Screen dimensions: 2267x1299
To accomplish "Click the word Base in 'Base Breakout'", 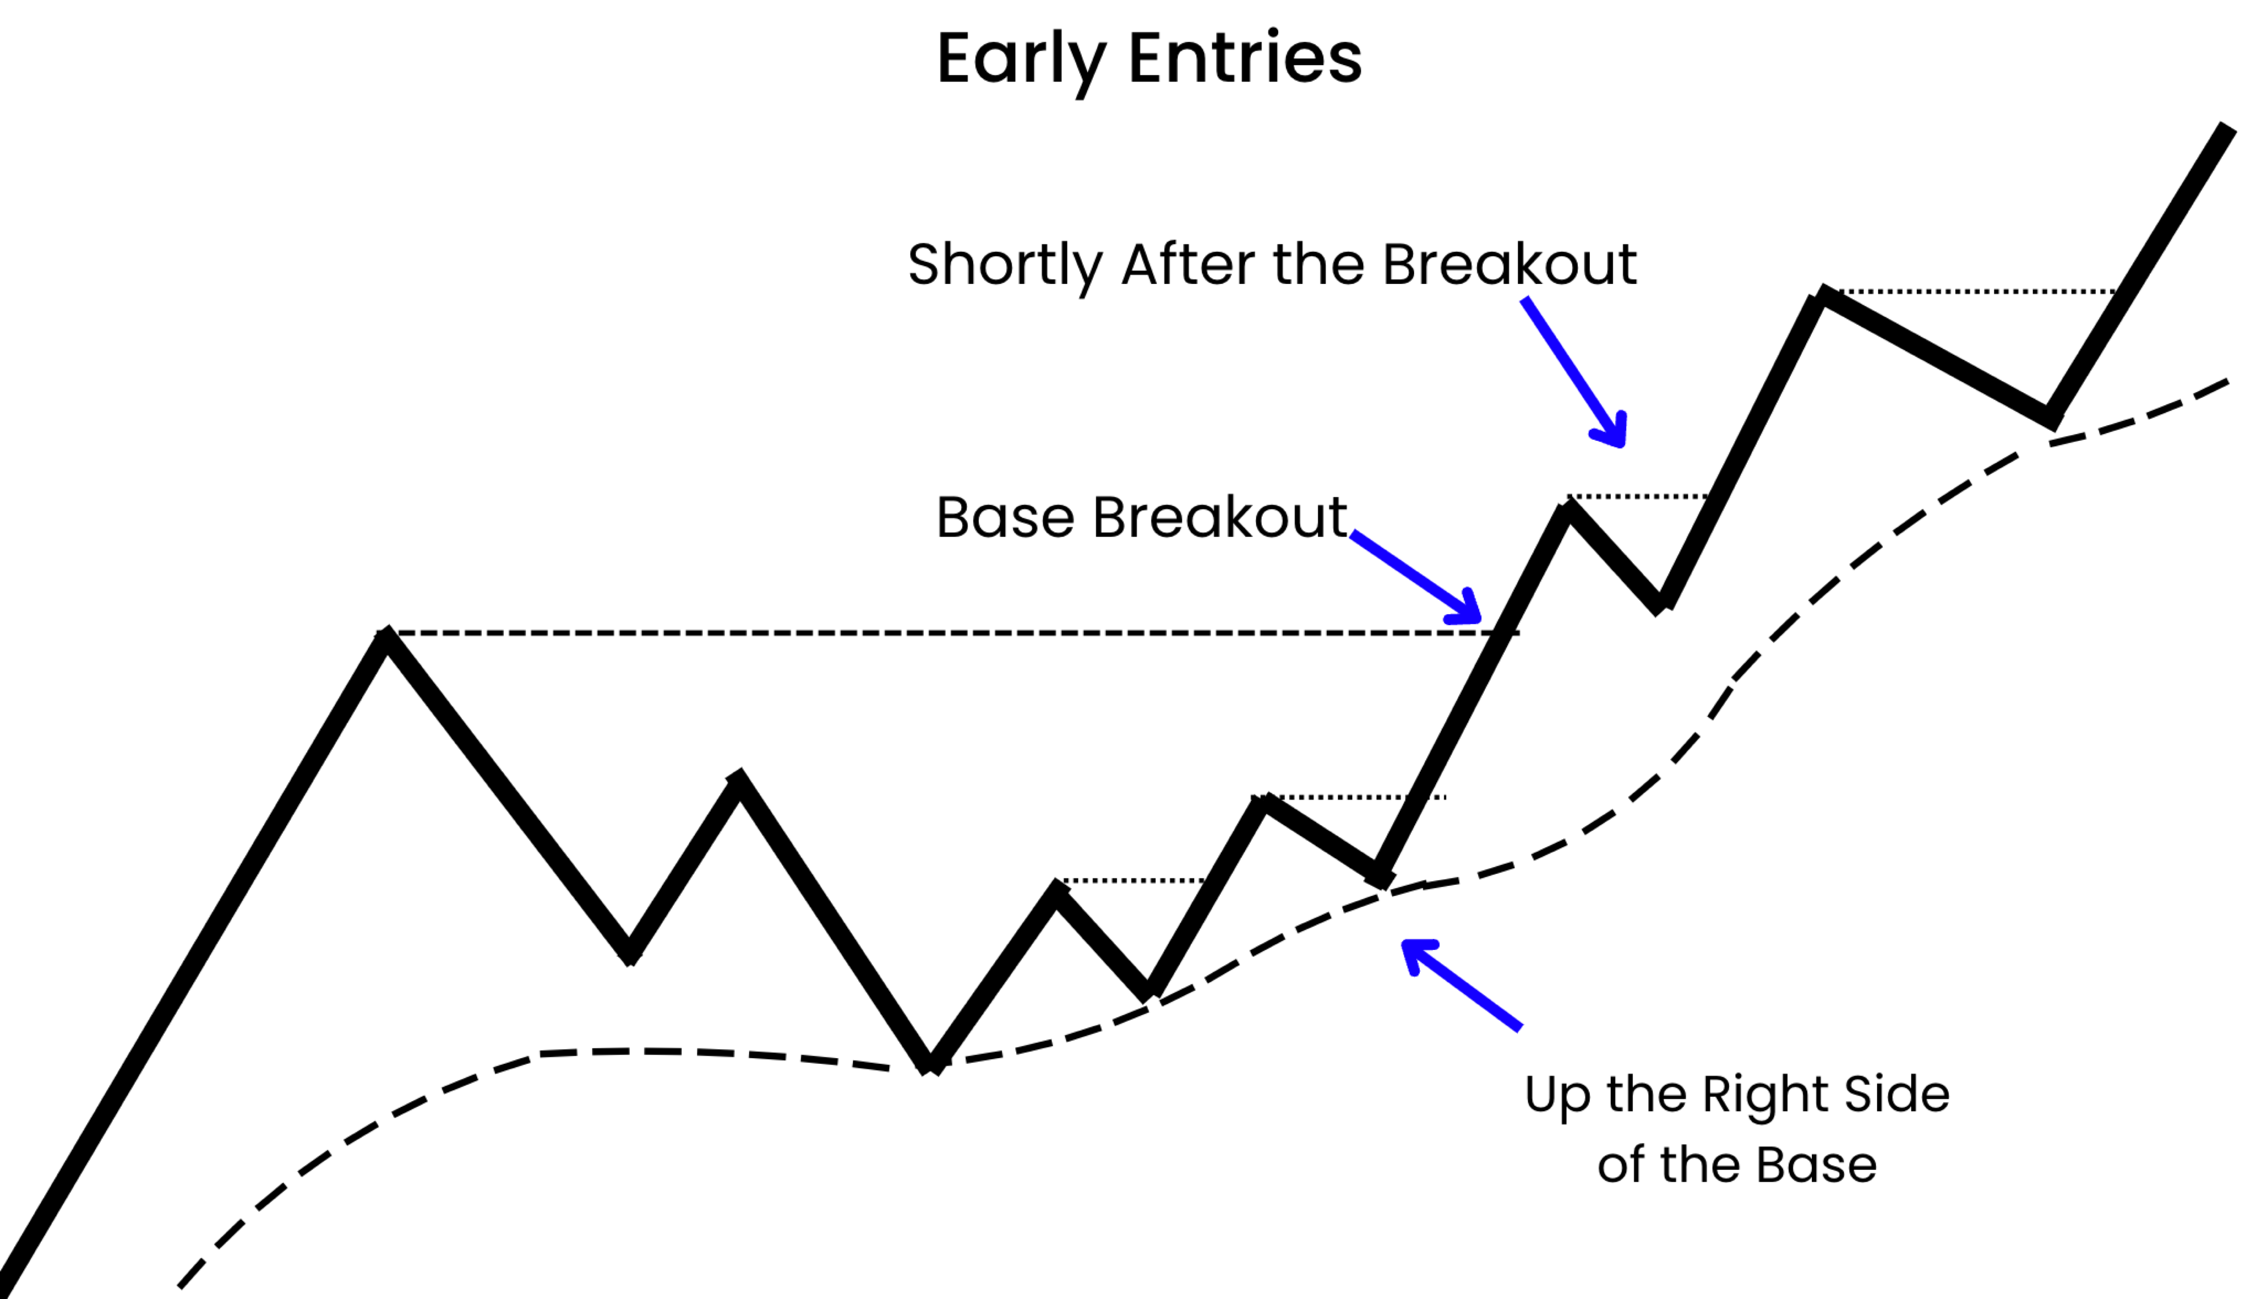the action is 1005,517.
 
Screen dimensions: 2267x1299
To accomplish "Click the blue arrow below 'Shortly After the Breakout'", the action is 1574,372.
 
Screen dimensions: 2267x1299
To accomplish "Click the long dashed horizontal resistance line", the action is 946,632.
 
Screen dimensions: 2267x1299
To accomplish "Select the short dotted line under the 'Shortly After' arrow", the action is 1638,496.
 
